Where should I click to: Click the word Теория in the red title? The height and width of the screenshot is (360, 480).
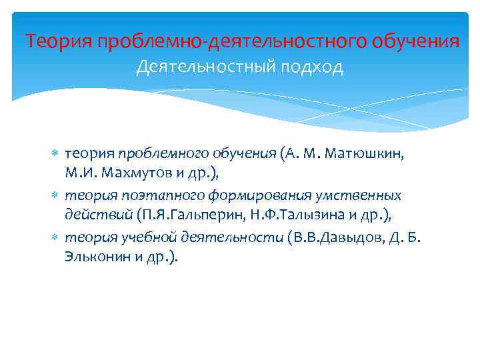tap(59, 41)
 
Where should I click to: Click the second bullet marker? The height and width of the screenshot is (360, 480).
tap(55, 196)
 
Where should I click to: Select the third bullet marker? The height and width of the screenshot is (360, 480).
tap(55, 237)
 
